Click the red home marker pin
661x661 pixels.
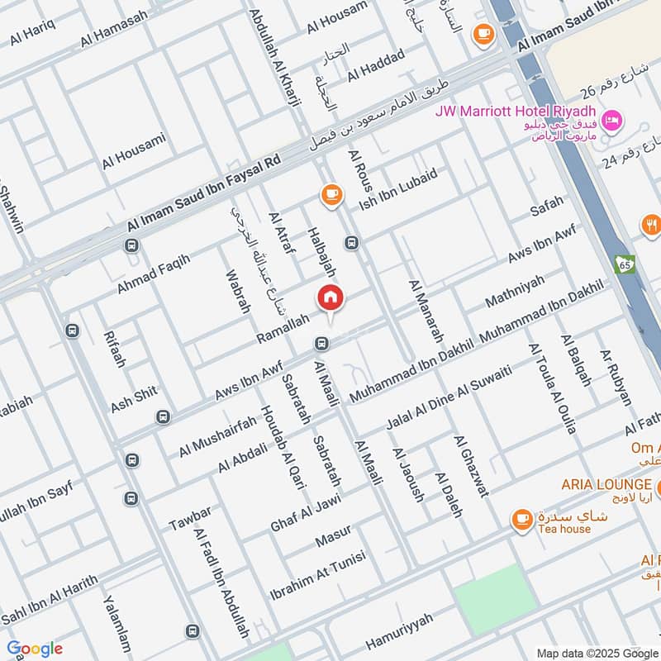pyautogui.click(x=330, y=298)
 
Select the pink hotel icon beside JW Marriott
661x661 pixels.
pyautogui.click(x=611, y=121)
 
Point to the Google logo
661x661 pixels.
pyautogui.click(x=34, y=648)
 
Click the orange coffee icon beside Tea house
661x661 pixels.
pyautogui.click(x=521, y=519)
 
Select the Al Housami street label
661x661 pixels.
pyautogui.click(x=134, y=151)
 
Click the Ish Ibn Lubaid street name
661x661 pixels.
pyautogui.click(x=397, y=189)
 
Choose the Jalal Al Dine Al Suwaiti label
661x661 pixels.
pyautogui.click(x=449, y=398)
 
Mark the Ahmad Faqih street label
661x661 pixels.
pyautogui.click(x=153, y=273)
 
